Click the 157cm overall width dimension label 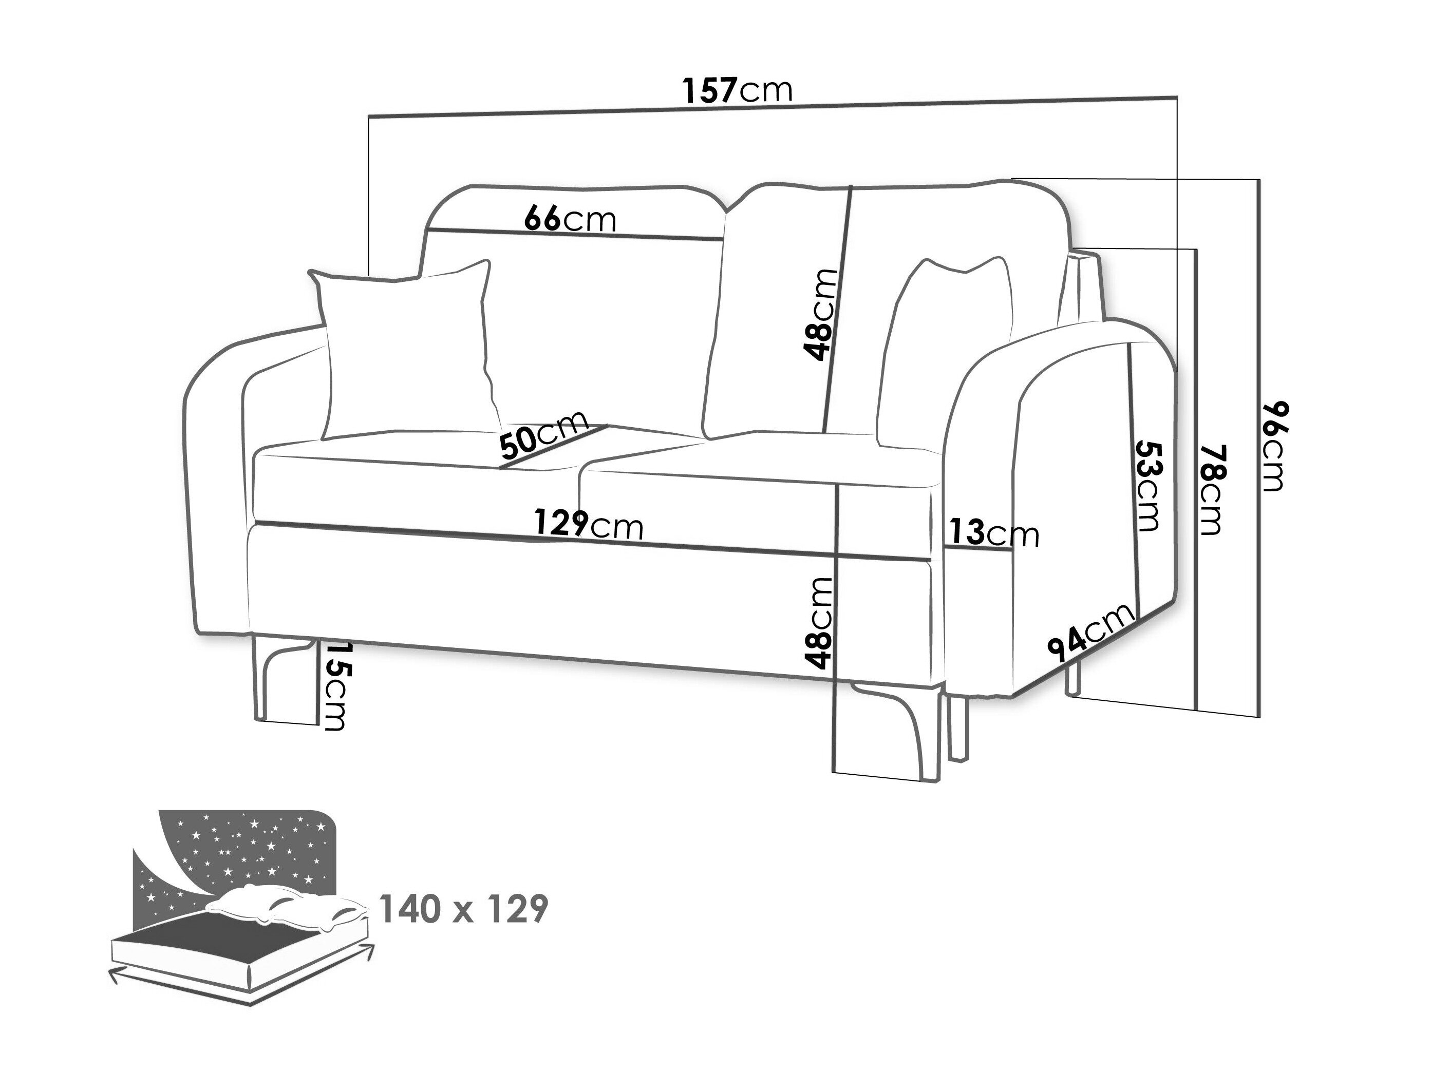click(738, 91)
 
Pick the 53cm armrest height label click(1148, 485)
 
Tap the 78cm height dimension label click(1213, 489)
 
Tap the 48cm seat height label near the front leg click(818, 622)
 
